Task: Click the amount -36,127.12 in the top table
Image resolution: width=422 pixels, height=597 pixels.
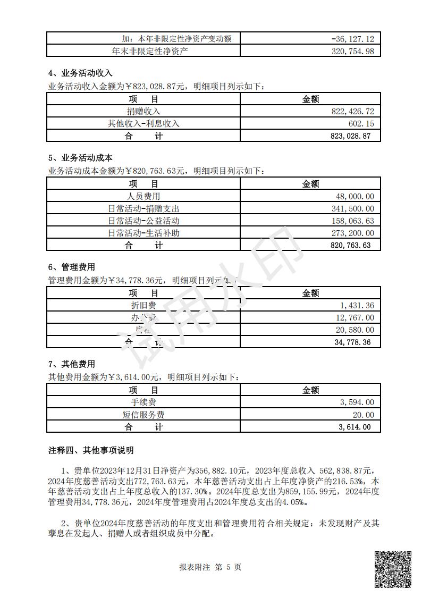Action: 352,39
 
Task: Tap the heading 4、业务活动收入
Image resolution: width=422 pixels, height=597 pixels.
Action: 80,73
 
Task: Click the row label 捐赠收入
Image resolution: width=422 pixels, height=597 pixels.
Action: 144,111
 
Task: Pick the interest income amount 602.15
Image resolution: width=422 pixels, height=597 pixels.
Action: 359,123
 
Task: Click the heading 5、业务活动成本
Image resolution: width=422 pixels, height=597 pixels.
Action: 80,158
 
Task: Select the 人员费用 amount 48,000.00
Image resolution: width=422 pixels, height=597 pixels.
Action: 355,196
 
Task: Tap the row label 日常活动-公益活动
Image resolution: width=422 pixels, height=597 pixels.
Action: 144,221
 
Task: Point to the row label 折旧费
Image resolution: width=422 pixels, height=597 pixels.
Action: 144,305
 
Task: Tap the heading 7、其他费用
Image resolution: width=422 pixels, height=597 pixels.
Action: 72,364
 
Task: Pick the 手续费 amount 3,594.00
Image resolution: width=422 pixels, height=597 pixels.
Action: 356,402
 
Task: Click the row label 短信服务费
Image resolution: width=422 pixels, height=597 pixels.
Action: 144,415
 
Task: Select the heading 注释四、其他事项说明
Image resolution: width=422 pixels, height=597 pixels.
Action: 91,450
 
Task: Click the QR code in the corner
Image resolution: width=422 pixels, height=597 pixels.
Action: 393,569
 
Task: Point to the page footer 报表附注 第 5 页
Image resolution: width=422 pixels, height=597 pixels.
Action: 210,567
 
